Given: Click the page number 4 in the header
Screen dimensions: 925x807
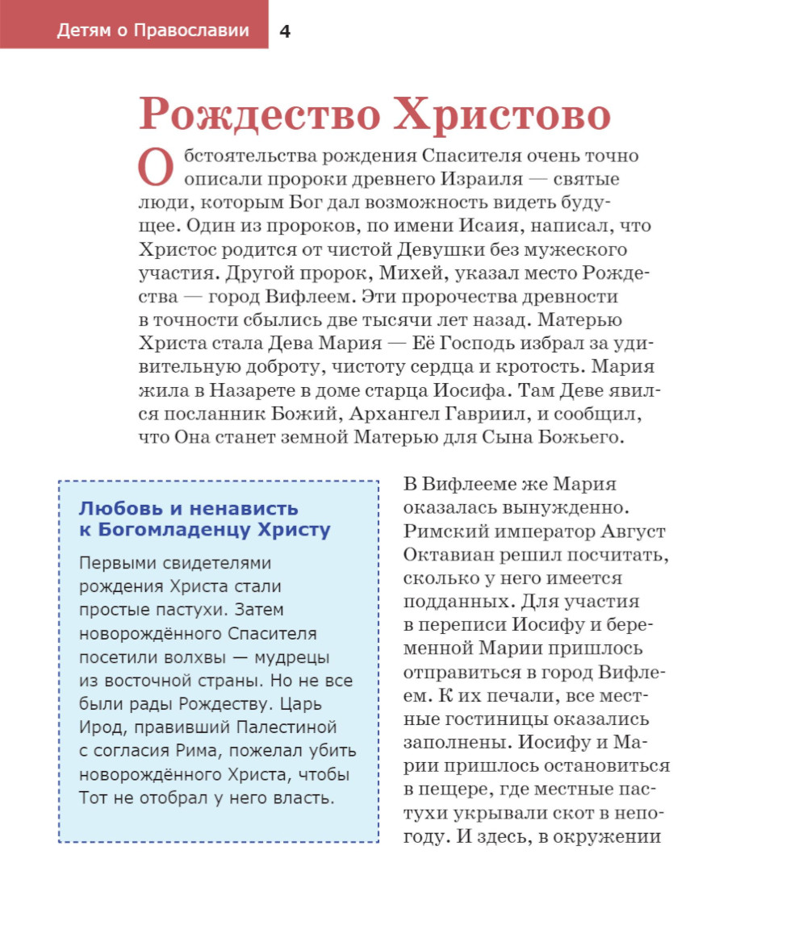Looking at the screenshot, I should point(285,31).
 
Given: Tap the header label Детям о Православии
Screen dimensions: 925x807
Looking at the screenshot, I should point(153,31).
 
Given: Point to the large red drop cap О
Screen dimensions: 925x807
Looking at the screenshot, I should point(156,167).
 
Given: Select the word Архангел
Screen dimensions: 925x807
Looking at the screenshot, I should point(384,415).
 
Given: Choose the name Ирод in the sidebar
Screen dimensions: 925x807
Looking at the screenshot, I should point(98,727).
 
